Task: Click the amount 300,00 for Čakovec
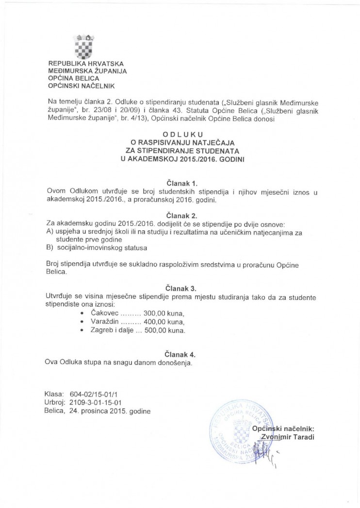tap(149, 313)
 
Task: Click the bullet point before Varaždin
tap(82, 322)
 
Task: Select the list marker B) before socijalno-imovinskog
tap(49, 248)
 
